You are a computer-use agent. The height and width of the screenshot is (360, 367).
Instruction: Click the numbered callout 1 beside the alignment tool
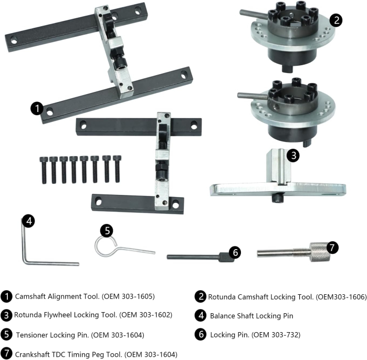pyautogui.click(x=37, y=108)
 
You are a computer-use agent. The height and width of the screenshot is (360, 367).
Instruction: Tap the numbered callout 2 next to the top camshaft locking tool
pyautogui.click(x=336, y=20)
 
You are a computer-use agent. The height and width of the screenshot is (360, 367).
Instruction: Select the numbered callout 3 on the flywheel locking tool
pyautogui.click(x=293, y=155)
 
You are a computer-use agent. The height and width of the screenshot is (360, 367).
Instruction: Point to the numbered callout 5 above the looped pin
pyautogui.click(x=107, y=230)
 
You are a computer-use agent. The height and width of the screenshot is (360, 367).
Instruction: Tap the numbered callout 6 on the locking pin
pyautogui.click(x=235, y=253)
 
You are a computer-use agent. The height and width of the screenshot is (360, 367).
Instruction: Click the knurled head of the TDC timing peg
pyautogui.click(x=318, y=250)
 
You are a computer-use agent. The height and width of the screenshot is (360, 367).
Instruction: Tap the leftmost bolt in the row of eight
pyautogui.click(x=44, y=169)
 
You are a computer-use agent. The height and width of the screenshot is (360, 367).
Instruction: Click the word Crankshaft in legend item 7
pyautogui.click(x=34, y=354)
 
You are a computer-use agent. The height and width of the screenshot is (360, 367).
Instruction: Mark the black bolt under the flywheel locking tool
pyautogui.click(x=278, y=198)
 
